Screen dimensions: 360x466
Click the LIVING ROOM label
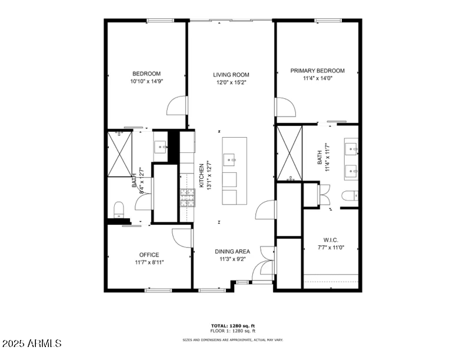[231, 75]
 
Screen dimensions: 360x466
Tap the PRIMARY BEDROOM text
[317, 71]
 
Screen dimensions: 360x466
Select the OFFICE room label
[149, 255]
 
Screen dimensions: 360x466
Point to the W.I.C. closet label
[330, 240]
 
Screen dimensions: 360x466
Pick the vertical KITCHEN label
[201, 175]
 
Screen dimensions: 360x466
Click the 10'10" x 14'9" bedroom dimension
[147, 81]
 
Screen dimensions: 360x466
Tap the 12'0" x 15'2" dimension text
[231, 82]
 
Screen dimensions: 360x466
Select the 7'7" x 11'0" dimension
[330, 248]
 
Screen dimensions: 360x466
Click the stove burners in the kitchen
[188, 198]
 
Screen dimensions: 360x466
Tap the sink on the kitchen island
[230, 158]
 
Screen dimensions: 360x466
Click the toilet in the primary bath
[348, 196]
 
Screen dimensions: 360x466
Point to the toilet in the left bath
[119, 208]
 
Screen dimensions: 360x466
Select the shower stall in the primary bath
[289, 153]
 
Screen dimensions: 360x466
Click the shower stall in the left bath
[119, 154]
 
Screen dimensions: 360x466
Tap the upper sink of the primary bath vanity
[351, 147]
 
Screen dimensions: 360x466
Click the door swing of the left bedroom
[176, 106]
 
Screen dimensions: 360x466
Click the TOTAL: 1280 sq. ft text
[233, 326]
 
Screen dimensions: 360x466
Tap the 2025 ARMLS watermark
[32, 343]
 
